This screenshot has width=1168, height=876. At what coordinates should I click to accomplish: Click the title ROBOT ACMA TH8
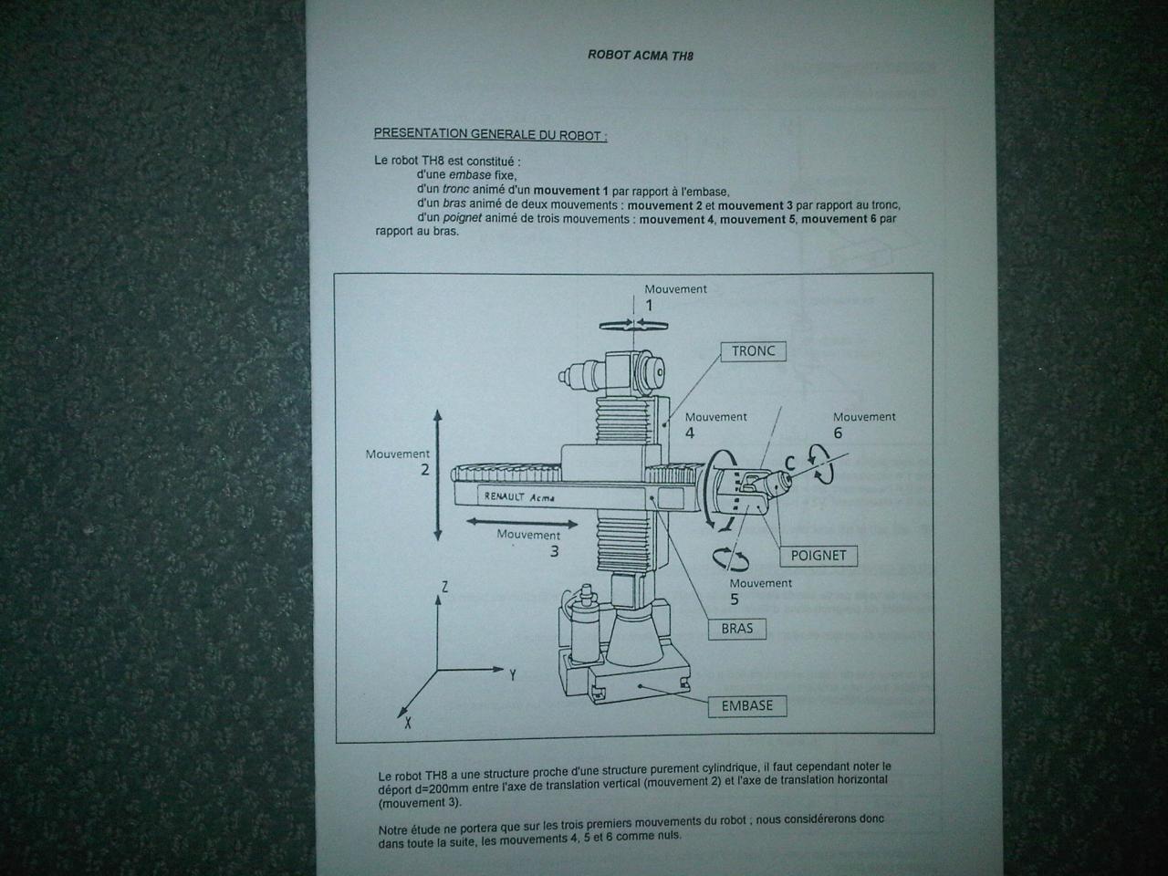point(641,56)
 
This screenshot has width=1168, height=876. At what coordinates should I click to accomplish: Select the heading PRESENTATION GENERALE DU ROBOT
point(490,134)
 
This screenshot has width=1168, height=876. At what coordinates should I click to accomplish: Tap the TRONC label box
point(753,351)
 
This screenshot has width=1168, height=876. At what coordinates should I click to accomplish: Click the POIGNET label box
point(818,556)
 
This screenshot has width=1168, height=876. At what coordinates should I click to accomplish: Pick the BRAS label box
point(737,629)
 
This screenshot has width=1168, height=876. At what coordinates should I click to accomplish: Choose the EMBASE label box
point(746,705)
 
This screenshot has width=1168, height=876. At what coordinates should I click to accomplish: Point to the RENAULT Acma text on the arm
point(519,496)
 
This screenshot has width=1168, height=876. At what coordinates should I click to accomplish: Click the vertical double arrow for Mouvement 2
point(437,475)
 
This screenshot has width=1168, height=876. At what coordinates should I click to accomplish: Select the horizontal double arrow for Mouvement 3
point(521,523)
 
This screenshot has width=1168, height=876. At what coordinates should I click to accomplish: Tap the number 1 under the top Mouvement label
point(649,306)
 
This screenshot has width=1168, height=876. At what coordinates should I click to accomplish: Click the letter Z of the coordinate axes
point(444,587)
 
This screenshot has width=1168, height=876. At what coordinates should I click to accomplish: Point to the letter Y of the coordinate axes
point(513,675)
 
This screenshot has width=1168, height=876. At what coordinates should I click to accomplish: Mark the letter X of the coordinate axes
point(408,723)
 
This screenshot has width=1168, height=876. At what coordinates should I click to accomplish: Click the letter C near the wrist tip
point(789,463)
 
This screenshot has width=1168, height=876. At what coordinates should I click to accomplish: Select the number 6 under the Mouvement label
point(838,433)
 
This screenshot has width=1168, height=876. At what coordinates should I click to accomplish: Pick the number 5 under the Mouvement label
point(735,600)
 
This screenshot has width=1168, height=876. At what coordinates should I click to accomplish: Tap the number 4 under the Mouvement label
point(690,433)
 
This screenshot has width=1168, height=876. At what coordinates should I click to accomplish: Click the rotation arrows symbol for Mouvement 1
point(634,325)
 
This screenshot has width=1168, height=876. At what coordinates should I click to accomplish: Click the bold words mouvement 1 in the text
point(570,191)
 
